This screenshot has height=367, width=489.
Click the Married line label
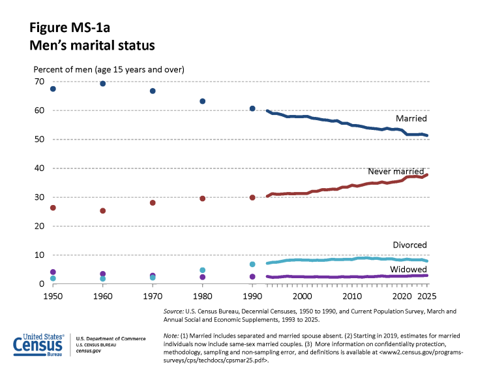coord(411,119)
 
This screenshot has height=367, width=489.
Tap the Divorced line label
coord(410,245)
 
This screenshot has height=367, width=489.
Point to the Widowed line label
coord(409,269)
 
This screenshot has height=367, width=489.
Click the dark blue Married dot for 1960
coord(102,84)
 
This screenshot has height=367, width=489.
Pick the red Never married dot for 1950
coord(53,208)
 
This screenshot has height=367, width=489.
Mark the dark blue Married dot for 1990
coord(252,108)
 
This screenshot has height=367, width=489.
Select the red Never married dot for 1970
coord(153,203)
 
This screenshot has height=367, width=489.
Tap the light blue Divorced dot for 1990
coord(252,264)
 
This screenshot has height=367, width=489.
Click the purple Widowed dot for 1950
coord(53,272)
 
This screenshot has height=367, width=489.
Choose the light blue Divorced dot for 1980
coord(202,270)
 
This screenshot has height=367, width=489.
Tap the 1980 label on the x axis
coord(202,296)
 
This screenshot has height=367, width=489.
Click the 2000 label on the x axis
coord(302,296)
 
